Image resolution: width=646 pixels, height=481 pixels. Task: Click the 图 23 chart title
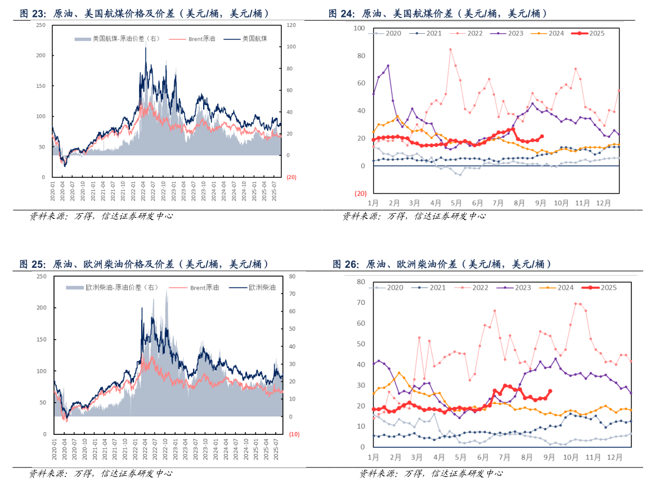[x=144, y=14]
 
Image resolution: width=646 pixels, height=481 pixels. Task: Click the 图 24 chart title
[x=438, y=14]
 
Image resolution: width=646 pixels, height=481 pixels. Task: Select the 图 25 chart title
[x=144, y=264]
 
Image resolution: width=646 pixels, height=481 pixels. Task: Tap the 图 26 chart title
[x=442, y=264]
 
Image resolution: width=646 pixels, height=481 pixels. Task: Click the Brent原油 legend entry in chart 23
[x=201, y=39]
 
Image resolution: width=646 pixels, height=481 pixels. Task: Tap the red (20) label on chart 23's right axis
[x=291, y=177]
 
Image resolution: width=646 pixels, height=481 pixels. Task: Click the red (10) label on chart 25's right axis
[x=294, y=434]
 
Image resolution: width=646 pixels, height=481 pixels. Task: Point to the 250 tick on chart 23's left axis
[x=41, y=25]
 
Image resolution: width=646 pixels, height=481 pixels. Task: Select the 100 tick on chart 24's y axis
[x=358, y=28]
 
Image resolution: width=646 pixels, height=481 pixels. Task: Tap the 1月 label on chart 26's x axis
[x=374, y=458]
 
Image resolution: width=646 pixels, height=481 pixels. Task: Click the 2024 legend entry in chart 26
[x=565, y=287]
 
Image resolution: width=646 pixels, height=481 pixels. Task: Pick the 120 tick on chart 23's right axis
[x=291, y=25]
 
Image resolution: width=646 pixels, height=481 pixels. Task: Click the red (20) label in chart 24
[x=360, y=193]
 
